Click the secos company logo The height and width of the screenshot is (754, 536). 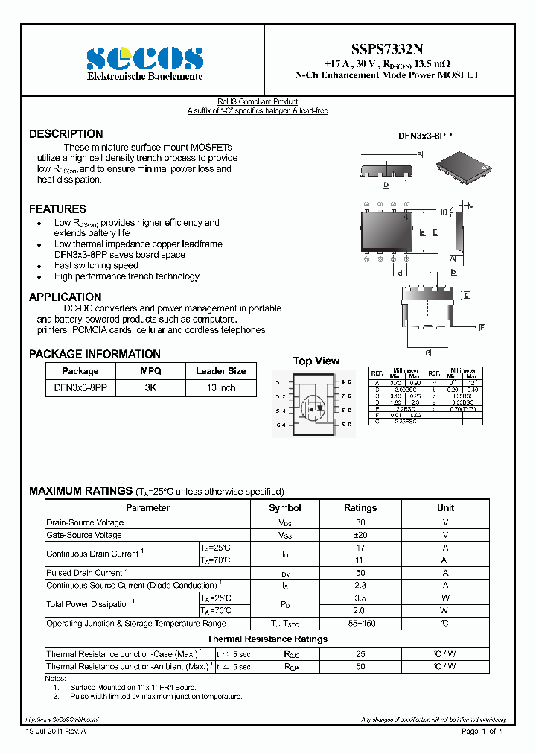pyautogui.click(x=144, y=58)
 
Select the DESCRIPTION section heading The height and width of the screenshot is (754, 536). pyautogui.click(x=66, y=134)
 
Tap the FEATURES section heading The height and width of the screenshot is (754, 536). pyautogui.click(x=57, y=209)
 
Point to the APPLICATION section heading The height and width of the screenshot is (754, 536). pyautogui.click(x=65, y=297)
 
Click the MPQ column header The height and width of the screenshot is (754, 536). pyautogui.click(x=150, y=371)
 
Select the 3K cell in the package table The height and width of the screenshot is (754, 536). pyautogui.click(x=150, y=388)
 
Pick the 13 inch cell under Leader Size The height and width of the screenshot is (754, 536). pyautogui.click(x=220, y=388)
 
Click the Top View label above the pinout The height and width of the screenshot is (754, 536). pyautogui.click(x=316, y=361)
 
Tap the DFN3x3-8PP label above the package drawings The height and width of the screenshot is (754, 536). pyautogui.click(x=424, y=136)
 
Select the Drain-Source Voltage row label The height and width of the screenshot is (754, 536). pyautogui.click(x=85, y=522)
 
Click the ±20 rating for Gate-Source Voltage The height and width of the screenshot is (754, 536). pyautogui.click(x=360, y=535)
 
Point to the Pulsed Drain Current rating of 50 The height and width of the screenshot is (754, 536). pyautogui.click(x=360, y=573)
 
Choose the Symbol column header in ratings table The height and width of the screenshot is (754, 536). pyautogui.click(x=285, y=508)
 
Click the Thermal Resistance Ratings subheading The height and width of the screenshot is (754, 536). pyautogui.click(x=267, y=639)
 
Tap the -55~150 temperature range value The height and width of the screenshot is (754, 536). pyautogui.click(x=360, y=624)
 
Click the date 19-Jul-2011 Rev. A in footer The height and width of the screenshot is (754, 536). pyautogui.click(x=56, y=732)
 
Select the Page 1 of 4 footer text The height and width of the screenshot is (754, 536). pyautogui.click(x=482, y=732)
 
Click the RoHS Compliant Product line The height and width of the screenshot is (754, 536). pyautogui.click(x=258, y=101)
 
